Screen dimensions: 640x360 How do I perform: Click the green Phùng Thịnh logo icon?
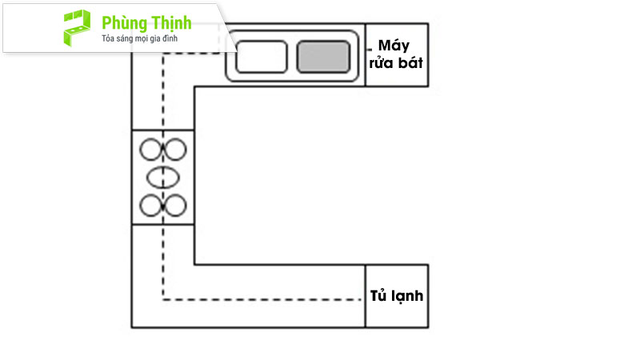[x=77, y=28]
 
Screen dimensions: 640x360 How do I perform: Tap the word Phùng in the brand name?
[x=125, y=24]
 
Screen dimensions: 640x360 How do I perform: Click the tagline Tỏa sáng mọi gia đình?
[x=139, y=38]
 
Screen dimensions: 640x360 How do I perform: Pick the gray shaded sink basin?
[x=323, y=57]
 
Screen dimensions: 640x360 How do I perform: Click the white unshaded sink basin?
[x=262, y=57]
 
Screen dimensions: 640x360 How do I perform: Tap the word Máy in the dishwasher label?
[x=394, y=46]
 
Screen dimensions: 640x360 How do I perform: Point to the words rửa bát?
[x=396, y=63]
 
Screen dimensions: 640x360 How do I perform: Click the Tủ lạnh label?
[x=396, y=295]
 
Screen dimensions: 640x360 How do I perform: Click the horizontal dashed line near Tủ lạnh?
[x=262, y=299]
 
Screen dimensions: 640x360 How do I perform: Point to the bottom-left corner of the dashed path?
[x=163, y=299]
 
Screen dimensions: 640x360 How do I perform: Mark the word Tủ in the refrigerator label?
[x=378, y=295]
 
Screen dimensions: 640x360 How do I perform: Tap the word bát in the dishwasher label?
[x=410, y=63]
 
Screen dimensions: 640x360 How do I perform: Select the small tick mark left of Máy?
[x=370, y=50]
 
